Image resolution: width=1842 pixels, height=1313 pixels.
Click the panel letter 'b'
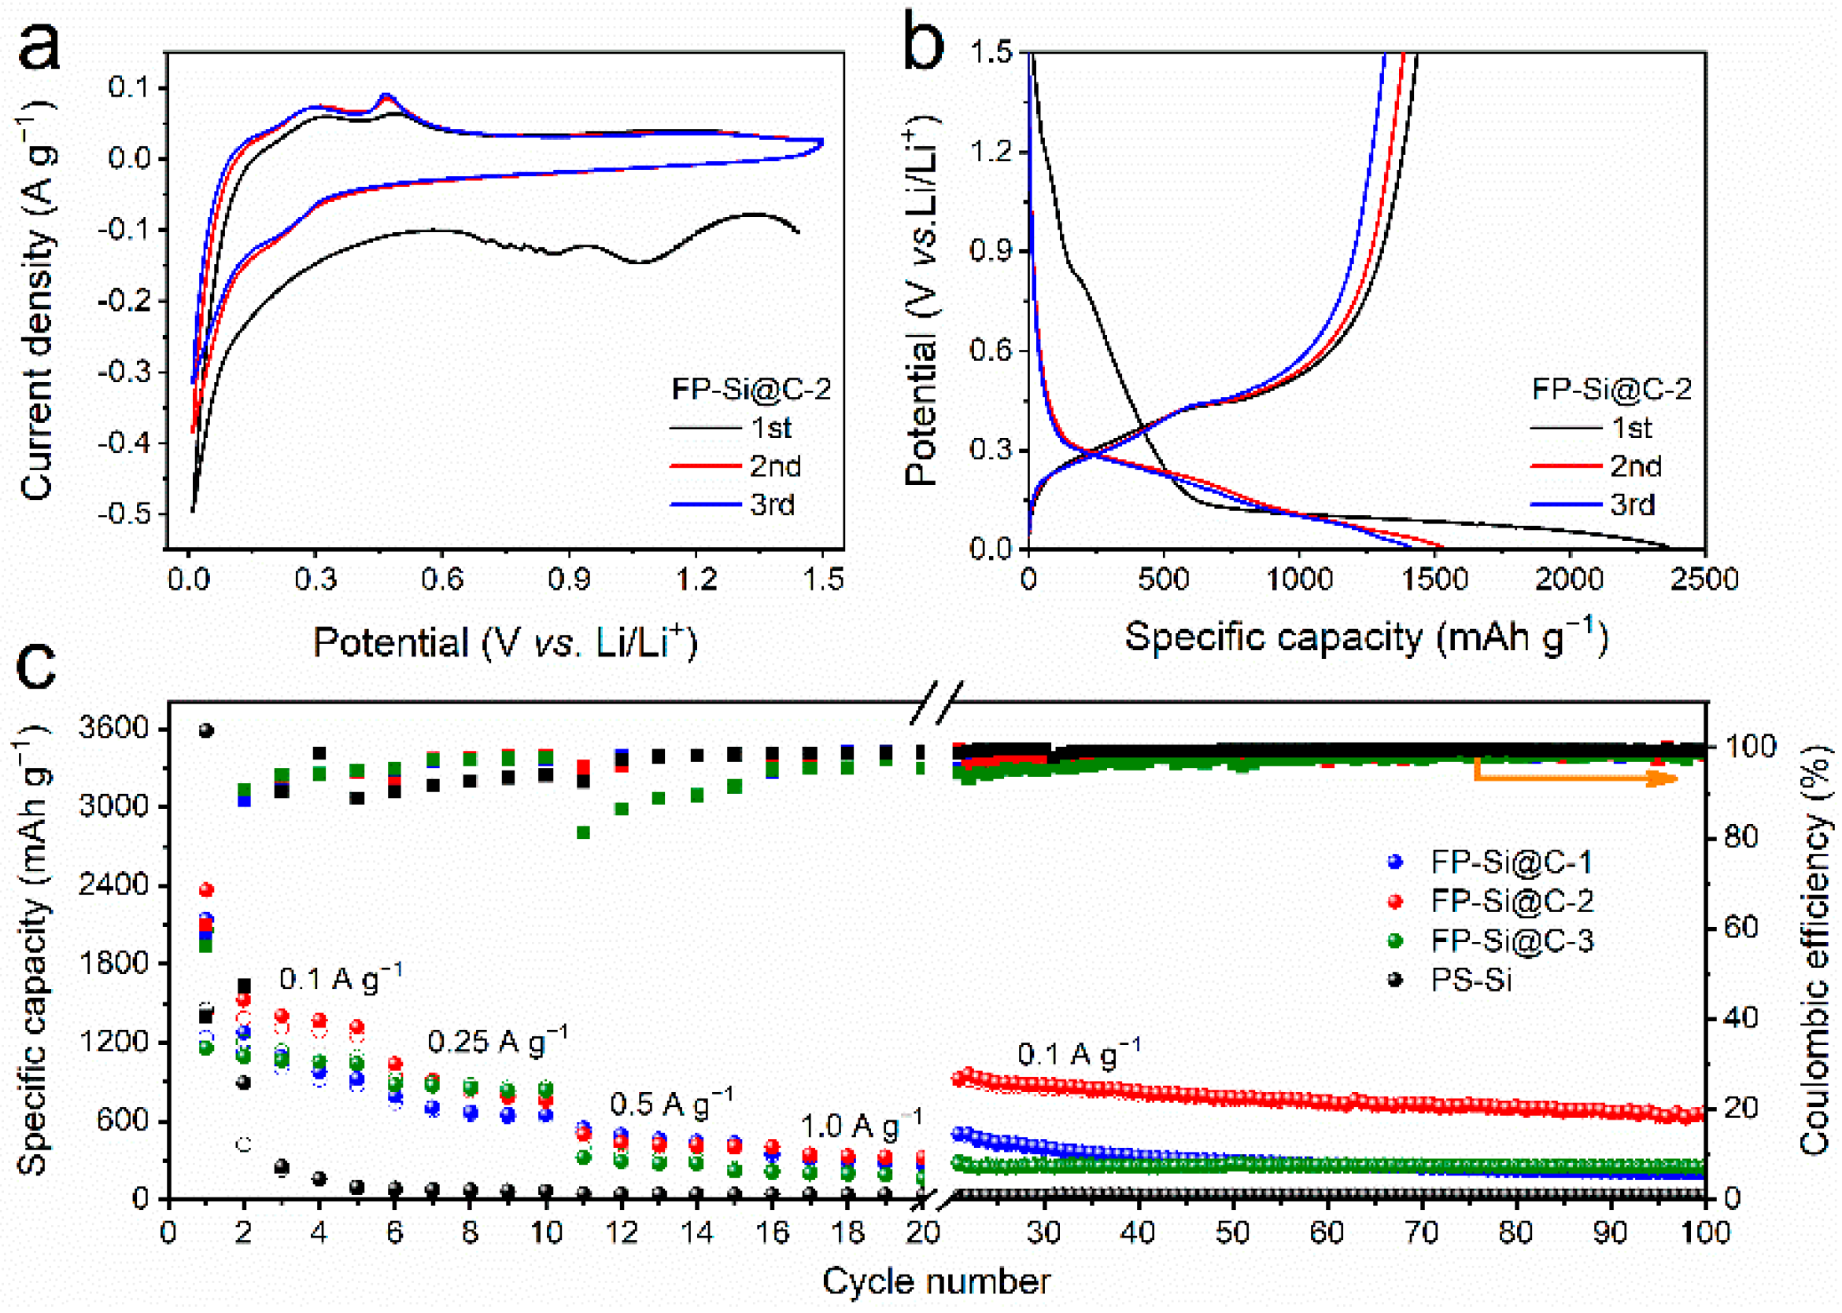coord(922,45)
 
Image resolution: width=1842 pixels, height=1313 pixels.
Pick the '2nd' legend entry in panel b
coord(1634,466)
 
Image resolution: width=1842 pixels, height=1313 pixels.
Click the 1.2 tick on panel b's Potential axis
coord(991,151)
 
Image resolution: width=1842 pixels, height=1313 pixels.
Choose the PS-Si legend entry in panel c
coord(1470,980)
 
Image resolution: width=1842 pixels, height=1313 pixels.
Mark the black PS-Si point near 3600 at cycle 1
coord(206,731)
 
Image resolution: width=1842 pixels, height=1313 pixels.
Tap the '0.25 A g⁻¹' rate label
coord(496,1041)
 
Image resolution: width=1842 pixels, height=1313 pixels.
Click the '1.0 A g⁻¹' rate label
coord(861,1125)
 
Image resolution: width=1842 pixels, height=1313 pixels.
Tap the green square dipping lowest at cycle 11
coord(583,832)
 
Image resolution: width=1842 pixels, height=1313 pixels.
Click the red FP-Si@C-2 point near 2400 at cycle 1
coord(206,890)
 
